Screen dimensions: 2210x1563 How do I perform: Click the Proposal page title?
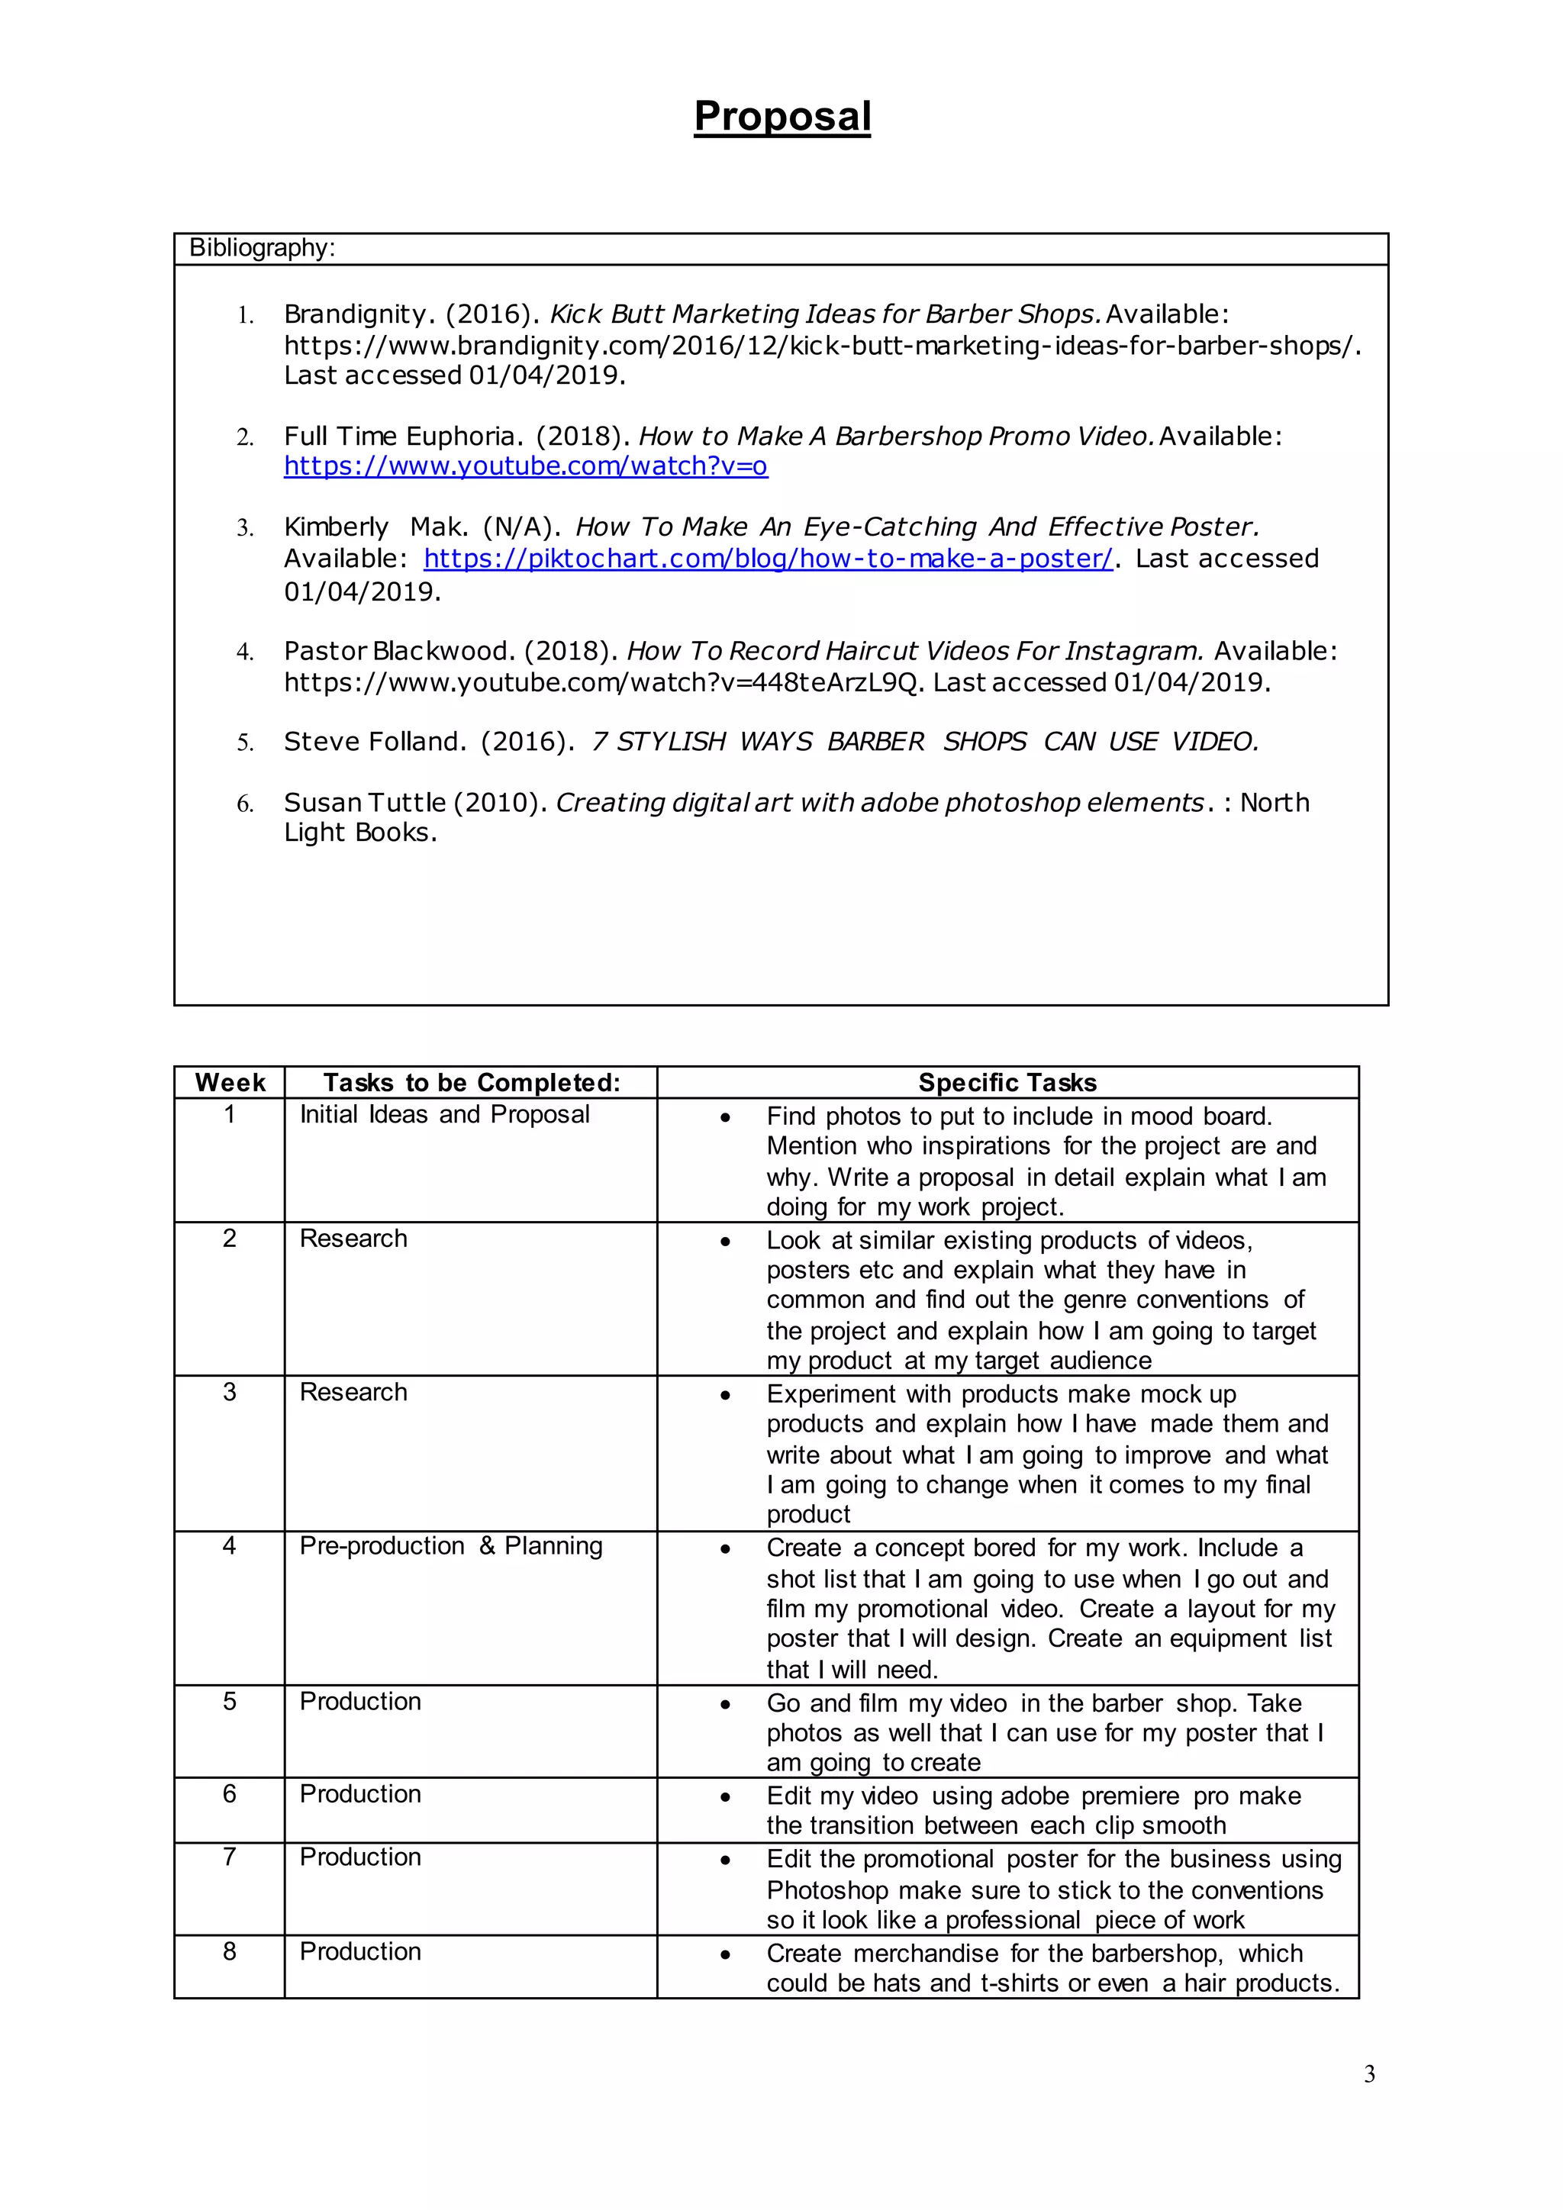pos(781,117)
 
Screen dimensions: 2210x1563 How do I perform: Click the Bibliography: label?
pos(262,248)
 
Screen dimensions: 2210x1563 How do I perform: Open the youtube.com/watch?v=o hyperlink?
pos(526,467)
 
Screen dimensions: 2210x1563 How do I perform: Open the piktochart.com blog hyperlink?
pos(767,559)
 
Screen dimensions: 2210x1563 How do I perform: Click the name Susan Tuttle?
pos(365,803)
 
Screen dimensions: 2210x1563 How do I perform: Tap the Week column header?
pos(230,1083)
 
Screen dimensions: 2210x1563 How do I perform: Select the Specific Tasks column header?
pos(1007,1083)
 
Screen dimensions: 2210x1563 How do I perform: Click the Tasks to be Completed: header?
pos(472,1083)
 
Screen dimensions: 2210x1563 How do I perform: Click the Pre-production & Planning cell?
pos(450,1546)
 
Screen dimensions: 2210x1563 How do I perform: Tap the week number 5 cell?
pos(229,1701)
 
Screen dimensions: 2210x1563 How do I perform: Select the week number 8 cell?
pos(229,1951)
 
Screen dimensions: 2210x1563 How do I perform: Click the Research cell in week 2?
pos(353,1239)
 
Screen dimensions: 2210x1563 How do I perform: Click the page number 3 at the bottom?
pos(1368,2074)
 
